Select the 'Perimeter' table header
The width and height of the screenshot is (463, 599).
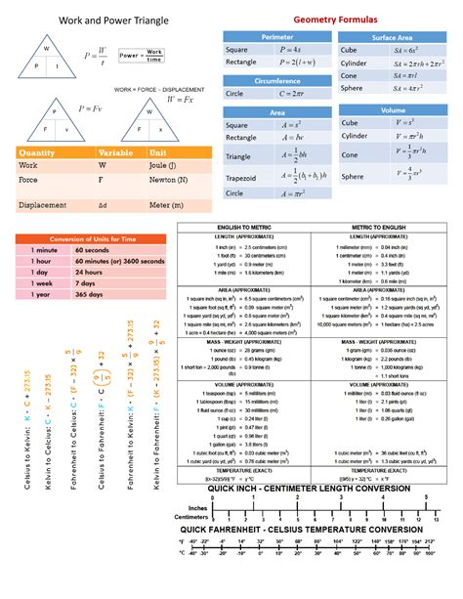click(276, 36)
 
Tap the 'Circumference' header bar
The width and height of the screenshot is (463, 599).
click(276, 80)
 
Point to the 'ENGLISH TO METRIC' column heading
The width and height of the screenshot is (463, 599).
click(242, 227)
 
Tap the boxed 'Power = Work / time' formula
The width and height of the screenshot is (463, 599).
click(142, 55)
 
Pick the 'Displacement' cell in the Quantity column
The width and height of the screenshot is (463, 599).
click(44, 206)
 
